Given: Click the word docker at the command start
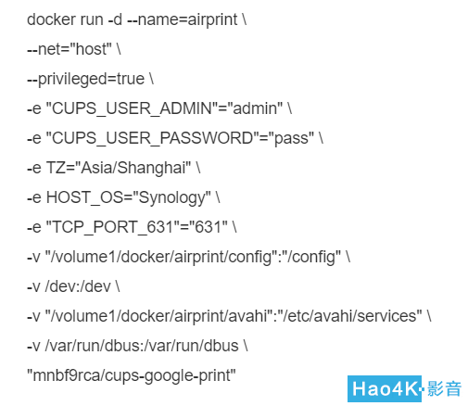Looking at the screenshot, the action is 51,19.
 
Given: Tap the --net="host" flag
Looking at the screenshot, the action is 70,49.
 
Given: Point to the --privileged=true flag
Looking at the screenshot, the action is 85,80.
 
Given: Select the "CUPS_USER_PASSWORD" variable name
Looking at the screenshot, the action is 152,138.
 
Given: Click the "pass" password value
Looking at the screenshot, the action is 293,138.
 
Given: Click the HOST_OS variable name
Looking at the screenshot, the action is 84,197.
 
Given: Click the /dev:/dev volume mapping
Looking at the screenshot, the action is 78,286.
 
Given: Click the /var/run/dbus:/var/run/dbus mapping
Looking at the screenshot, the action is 142,346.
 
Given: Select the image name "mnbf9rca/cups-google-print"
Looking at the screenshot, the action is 132,376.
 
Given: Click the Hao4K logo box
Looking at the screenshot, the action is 385,388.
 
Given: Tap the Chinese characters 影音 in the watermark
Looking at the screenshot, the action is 444,388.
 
